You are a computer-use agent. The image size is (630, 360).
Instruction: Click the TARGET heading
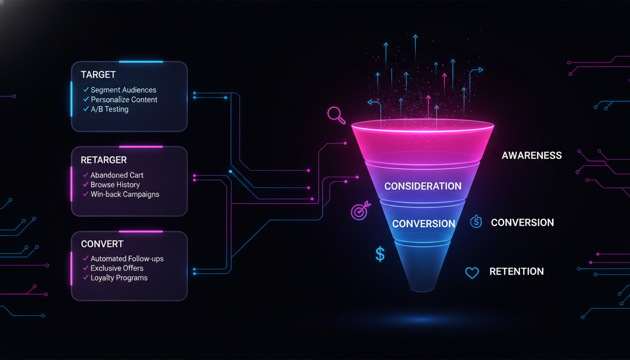point(98,75)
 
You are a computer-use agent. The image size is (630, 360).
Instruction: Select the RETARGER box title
point(104,160)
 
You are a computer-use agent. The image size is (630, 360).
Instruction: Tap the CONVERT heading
point(102,244)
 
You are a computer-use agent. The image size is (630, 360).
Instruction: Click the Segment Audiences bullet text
point(123,90)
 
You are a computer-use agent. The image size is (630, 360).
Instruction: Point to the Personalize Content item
point(124,100)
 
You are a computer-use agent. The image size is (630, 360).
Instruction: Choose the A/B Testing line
point(109,110)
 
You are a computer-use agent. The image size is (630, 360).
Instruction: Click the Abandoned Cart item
point(117,175)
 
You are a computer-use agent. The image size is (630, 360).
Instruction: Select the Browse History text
point(115,185)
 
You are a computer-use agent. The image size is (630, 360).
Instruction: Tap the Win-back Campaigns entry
point(125,195)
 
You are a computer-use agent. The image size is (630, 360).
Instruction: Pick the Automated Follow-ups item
point(127,259)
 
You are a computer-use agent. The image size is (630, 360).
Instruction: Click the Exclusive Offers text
point(117,268)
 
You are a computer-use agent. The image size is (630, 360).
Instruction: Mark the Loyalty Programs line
point(119,278)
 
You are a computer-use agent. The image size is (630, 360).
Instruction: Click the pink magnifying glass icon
point(336,114)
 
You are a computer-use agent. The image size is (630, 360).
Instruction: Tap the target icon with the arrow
point(360,210)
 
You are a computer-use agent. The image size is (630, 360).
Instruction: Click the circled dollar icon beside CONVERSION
point(476,222)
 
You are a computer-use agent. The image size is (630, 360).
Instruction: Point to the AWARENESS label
point(532,156)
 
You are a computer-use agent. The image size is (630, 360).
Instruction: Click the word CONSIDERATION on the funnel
point(423,187)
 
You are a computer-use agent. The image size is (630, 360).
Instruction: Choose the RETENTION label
point(517,272)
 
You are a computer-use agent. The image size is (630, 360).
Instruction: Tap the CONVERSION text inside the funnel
point(423,224)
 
